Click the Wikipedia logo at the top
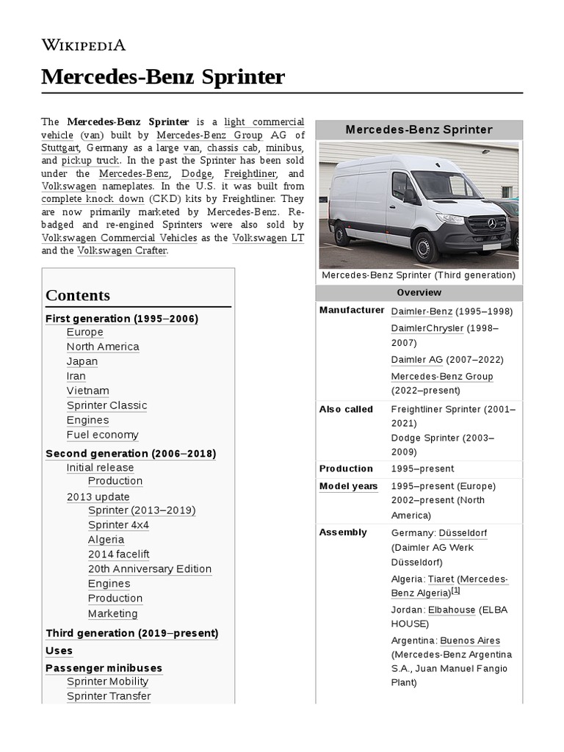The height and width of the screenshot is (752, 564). pos(83,45)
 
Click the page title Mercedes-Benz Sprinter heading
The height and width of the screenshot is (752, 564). pos(162,76)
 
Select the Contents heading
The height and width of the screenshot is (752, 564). pos(78,295)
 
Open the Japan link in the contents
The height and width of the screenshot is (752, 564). pos(82,361)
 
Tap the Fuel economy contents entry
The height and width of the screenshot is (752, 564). pos(102,435)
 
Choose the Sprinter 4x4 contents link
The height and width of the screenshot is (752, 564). pos(118,525)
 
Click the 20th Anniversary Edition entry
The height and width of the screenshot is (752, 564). pos(149,569)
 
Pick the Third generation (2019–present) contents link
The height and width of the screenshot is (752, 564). pos(132,633)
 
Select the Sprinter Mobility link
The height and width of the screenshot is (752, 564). pos(108,681)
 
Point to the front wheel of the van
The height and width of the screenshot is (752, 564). pos(425,247)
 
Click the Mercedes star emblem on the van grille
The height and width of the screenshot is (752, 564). pos(491,223)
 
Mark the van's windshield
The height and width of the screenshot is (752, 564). pos(444,185)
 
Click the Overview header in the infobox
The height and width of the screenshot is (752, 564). pos(419,292)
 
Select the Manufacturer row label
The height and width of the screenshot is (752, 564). pos(352,310)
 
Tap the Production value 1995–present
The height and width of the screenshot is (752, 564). pos(422,469)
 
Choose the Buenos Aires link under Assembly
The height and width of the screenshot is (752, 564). pos(469,640)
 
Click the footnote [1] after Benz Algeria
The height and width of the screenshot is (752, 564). pos(455,590)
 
